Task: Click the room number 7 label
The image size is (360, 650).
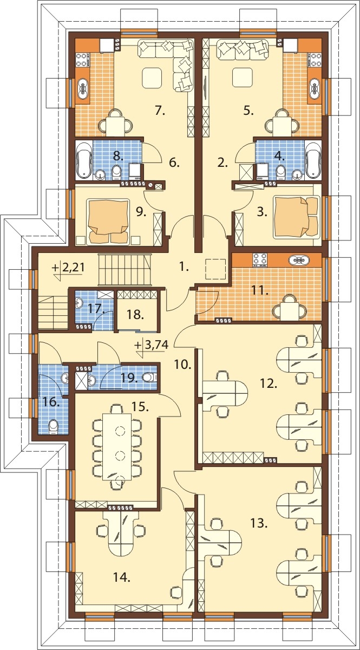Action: [x=160, y=110]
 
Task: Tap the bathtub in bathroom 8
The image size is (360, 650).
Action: [x=84, y=160]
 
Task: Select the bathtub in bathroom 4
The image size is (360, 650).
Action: [x=313, y=160]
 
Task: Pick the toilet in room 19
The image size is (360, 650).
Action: [x=150, y=377]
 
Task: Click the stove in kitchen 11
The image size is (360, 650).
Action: [x=260, y=260]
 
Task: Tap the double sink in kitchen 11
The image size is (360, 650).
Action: [x=299, y=260]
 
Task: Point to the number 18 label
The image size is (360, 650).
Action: [x=135, y=314]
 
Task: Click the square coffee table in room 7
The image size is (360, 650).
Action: [x=152, y=78]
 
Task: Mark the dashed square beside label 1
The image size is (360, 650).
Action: [x=215, y=269]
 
